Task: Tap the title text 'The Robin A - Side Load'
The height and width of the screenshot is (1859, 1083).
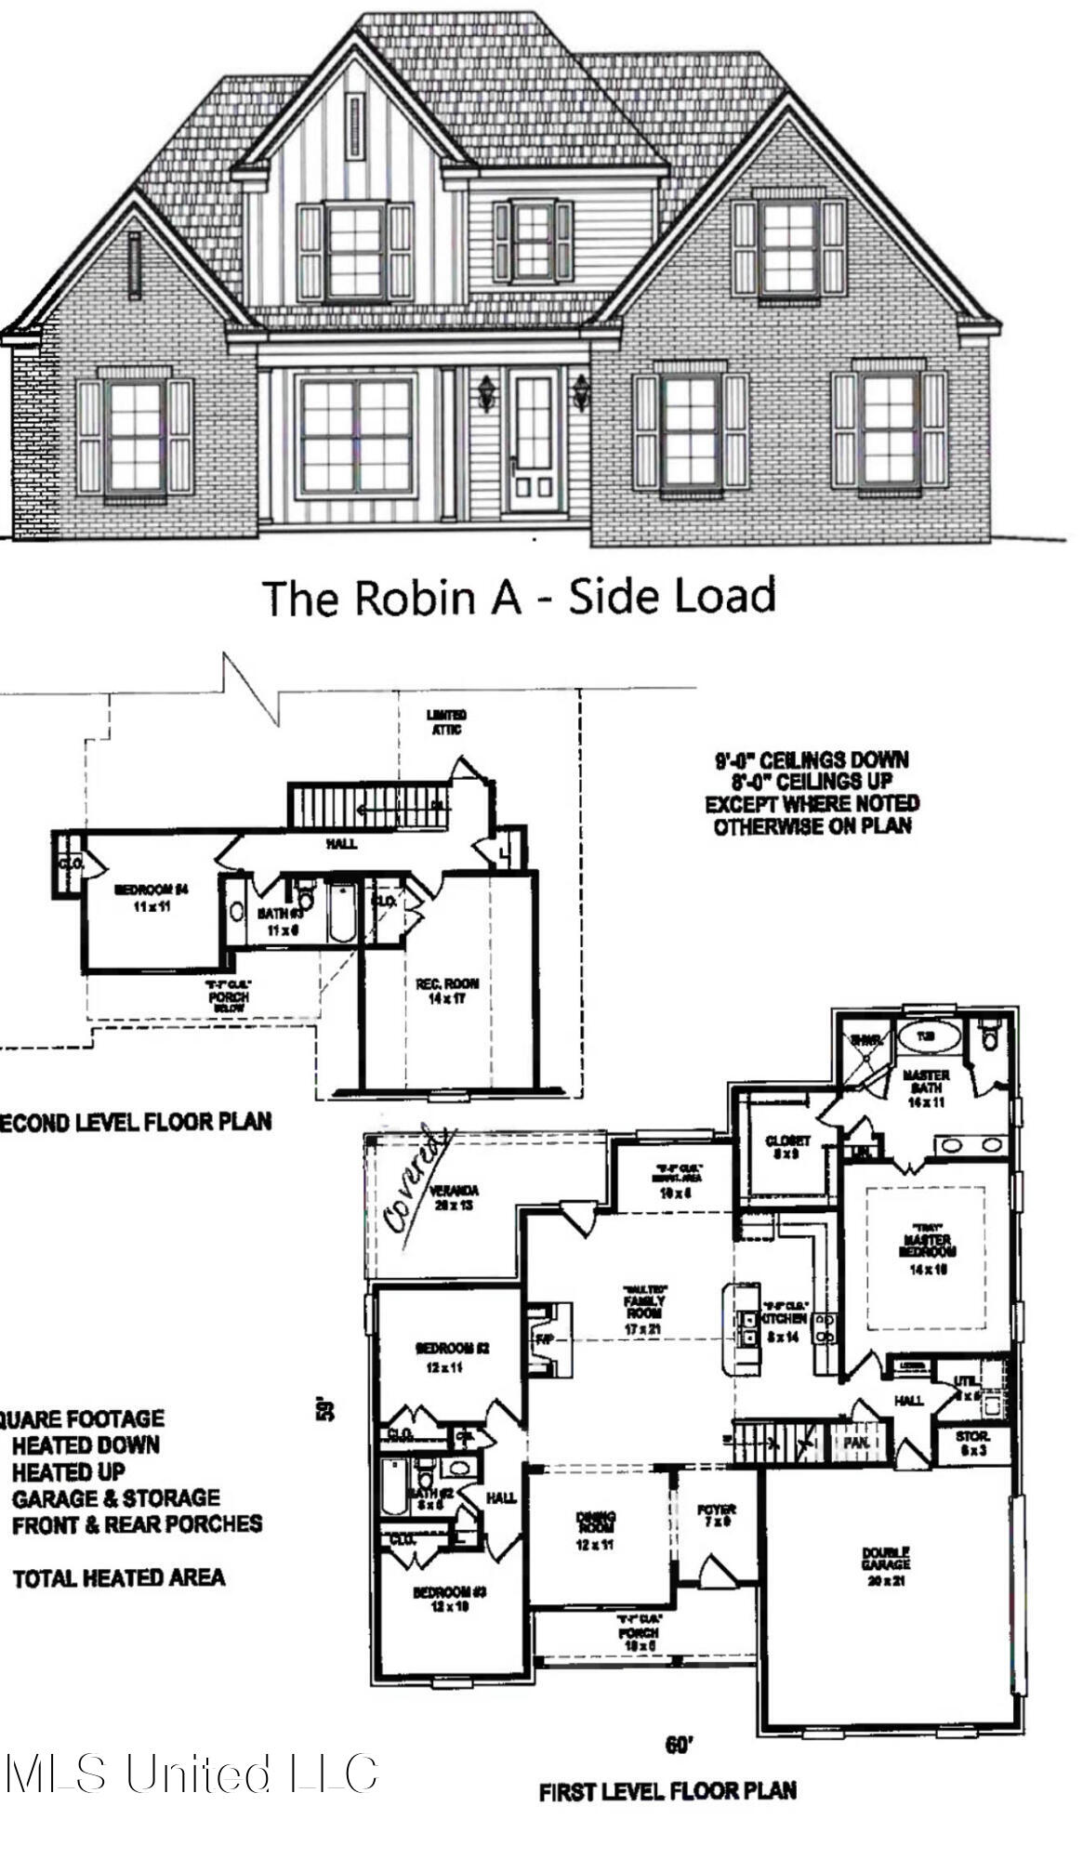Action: [x=519, y=596]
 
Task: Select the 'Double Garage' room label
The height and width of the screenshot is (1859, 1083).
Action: [x=885, y=1558]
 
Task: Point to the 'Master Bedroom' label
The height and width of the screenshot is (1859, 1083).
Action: [x=926, y=1245]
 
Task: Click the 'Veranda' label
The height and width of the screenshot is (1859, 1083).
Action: [x=454, y=1197]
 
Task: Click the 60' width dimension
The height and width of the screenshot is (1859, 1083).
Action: [x=680, y=1746]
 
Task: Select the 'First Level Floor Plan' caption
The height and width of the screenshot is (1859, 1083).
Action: [x=667, y=1790]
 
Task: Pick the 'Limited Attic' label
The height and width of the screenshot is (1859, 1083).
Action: [x=446, y=722]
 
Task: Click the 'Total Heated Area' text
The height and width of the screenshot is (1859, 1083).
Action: [x=118, y=1577]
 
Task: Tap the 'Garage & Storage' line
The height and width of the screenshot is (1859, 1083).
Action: [x=115, y=1498]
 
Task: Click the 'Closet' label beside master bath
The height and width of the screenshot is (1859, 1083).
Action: [x=787, y=1146]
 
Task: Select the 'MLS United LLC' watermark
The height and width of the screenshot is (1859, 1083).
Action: [x=191, y=1773]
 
